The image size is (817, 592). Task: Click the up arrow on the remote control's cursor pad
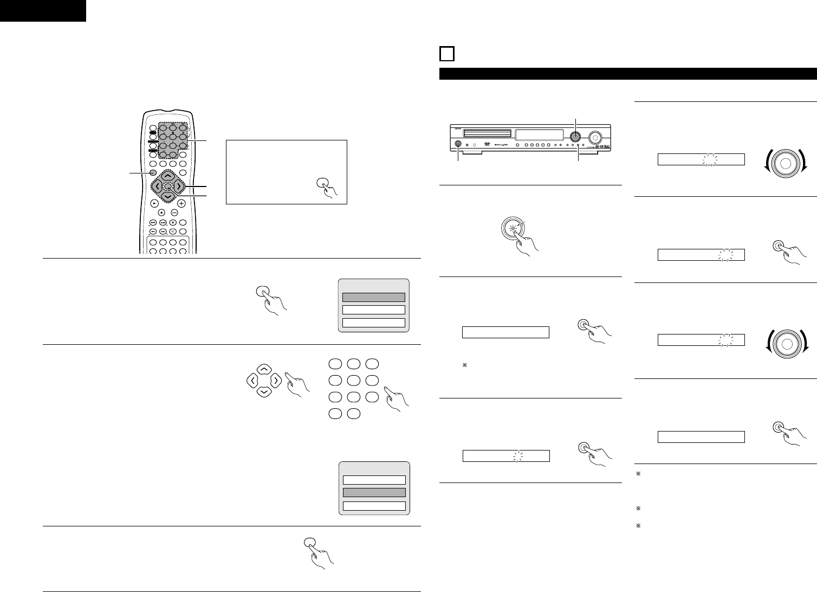point(168,176)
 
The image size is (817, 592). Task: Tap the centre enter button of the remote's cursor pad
point(168,187)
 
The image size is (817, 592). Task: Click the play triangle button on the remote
point(154,203)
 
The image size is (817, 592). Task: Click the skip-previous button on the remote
point(153,222)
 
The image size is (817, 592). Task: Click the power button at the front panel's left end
point(459,144)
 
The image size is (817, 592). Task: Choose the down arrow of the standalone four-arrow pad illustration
point(263,391)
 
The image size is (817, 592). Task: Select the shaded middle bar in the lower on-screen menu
point(373,492)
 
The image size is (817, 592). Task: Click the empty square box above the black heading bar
point(446,55)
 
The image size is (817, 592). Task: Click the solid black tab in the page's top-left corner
point(43,10)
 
